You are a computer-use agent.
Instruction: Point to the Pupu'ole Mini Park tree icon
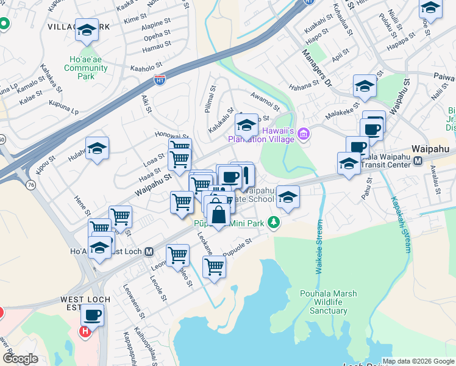275,223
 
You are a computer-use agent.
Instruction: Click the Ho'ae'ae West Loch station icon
149,251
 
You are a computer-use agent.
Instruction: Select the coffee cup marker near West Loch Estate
93,315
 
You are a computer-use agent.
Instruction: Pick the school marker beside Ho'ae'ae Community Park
87,29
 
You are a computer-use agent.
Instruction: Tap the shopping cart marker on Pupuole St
214,267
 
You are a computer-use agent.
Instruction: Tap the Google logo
20,359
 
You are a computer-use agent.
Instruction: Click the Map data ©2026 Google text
418,361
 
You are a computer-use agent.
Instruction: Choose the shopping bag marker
218,215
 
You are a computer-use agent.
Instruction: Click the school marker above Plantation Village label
246,126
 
